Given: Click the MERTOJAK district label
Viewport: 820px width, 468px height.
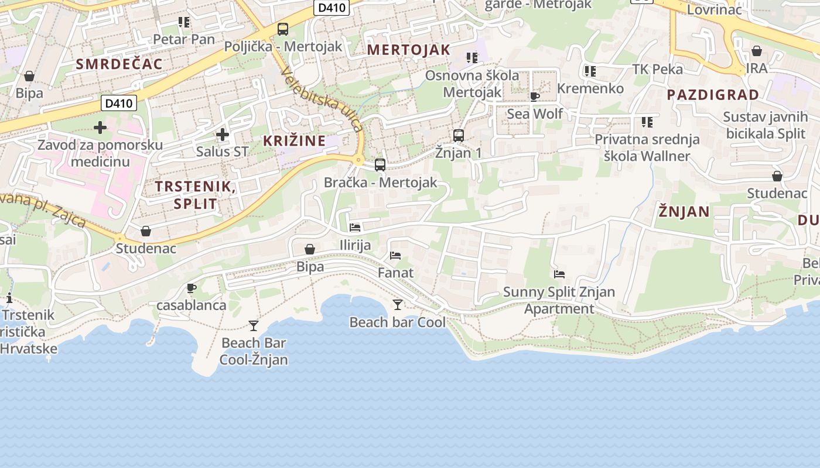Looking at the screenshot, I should [x=408, y=50].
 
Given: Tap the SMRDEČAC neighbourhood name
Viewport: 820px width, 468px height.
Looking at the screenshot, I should [x=119, y=64].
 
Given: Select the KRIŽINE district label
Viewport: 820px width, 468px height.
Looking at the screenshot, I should [x=294, y=140].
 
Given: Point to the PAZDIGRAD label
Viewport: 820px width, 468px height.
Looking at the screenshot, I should [x=713, y=95].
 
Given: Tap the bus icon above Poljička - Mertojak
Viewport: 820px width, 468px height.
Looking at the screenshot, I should [x=283, y=29].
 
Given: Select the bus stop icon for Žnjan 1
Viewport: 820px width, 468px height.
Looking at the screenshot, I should [x=459, y=136].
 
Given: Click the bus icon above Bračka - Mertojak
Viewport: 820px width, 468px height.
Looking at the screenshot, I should [x=380, y=165].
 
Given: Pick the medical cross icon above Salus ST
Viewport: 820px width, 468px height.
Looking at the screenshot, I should [x=222, y=135].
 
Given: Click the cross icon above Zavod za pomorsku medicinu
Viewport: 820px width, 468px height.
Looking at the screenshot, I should [x=100, y=127].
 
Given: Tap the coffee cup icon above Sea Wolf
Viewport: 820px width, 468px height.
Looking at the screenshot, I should [x=534, y=97].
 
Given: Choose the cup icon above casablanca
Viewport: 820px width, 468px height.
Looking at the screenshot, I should [x=191, y=288].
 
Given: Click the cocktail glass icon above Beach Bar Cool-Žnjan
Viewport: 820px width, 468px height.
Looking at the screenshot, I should [x=254, y=325].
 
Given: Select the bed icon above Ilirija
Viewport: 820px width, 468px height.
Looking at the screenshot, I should [x=355, y=227].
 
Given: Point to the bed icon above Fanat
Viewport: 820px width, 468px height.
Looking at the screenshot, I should [x=395, y=256].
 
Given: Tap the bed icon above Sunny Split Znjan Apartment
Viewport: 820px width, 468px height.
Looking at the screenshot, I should [x=559, y=274].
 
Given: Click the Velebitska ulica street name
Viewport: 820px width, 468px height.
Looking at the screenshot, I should [x=322, y=99].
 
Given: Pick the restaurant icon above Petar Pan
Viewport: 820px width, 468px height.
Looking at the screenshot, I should [x=184, y=22].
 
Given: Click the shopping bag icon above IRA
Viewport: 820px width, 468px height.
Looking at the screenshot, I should [x=756, y=51].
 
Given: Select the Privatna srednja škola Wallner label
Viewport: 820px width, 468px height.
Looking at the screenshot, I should [x=647, y=148].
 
